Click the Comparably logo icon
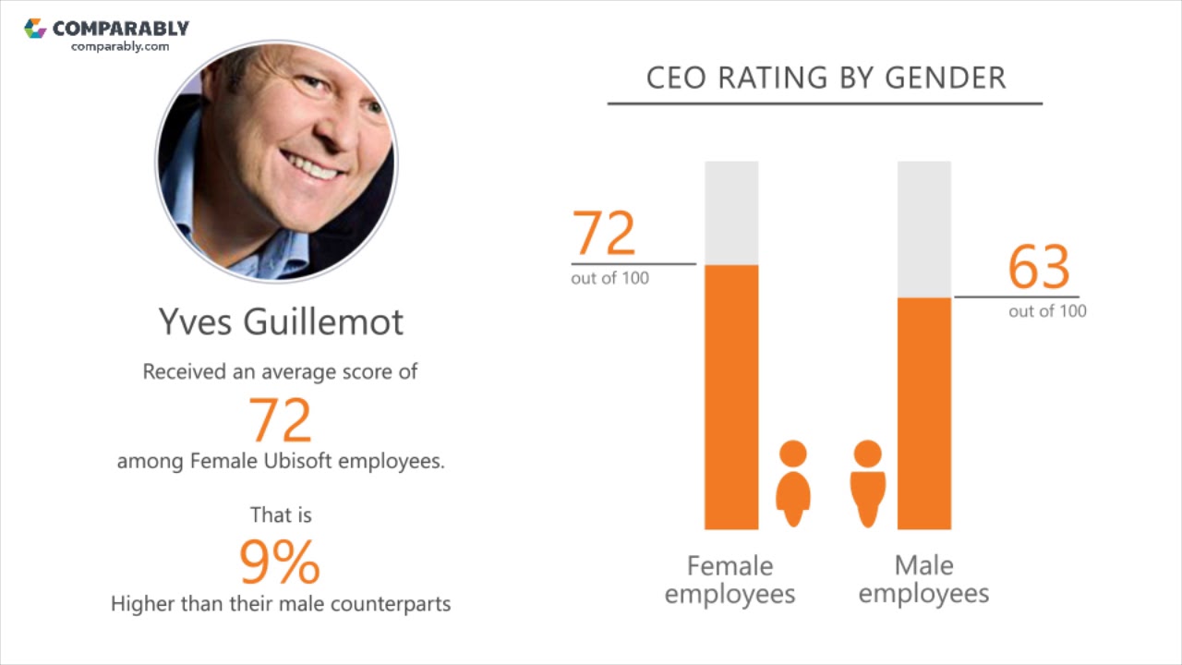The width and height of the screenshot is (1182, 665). [x=35, y=28]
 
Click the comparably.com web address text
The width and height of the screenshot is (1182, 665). [x=120, y=46]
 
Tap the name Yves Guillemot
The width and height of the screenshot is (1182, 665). [x=281, y=321]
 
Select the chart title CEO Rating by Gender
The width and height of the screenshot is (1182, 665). [x=826, y=79]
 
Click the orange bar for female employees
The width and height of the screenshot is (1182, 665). [x=731, y=397]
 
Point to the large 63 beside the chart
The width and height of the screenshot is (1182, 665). [x=1038, y=268]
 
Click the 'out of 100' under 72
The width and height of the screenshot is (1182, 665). [x=609, y=278]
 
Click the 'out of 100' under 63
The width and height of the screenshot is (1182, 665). [x=1047, y=311]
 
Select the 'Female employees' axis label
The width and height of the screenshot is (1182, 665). [x=730, y=579]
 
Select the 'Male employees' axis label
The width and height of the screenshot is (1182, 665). [x=923, y=579]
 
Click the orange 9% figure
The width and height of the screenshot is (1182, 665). [x=280, y=562]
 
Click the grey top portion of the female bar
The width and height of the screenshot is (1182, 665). [x=731, y=212]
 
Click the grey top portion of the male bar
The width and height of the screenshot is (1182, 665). [x=923, y=229]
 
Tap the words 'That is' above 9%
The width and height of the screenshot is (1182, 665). [x=281, y=514]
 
